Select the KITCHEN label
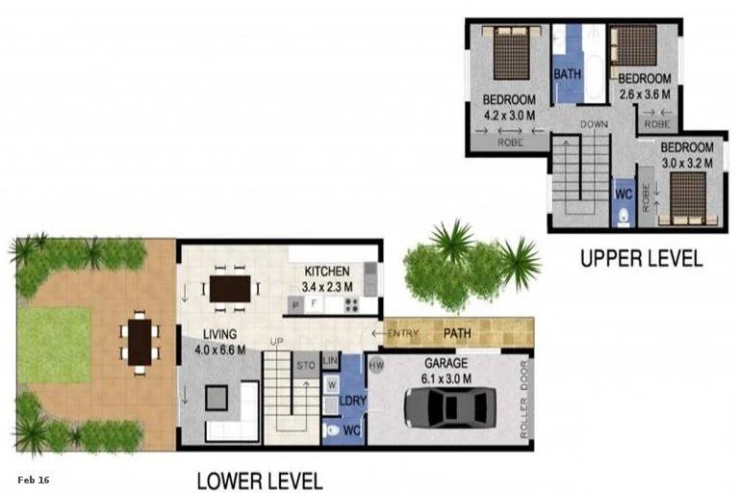(x=327, y=271)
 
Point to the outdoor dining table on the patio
(x=140, y=340)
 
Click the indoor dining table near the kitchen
(x=230, y=288)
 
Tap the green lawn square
(x=56, y=344)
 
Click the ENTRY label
(x=404, y=334)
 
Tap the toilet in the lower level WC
(x=332, y=430)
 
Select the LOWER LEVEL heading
(x=259, y=480)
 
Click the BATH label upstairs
(x=566, y=72)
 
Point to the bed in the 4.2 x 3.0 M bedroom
(x=510, y=55)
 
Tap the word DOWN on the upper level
(x=594, y=124)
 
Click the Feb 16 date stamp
(x=33, y=479)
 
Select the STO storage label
(x=306, y=366)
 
